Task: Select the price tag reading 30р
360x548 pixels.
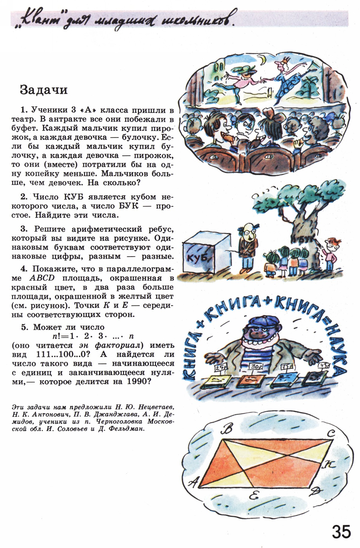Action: pos(256,367)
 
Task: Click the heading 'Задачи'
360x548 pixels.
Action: pos(44,90)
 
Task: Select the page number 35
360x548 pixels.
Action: pos(342,531)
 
